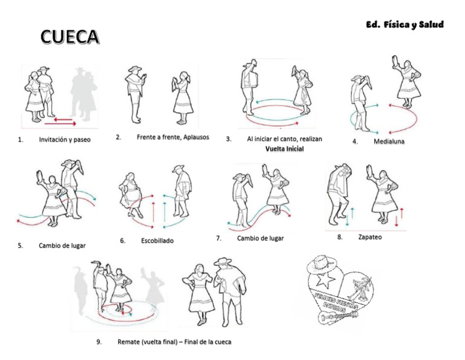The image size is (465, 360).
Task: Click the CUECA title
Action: coord(70,37)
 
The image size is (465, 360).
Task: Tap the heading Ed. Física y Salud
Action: coord(404,25)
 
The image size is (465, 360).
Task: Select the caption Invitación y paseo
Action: coord(64,140)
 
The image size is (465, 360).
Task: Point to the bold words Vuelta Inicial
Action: coord(284,149)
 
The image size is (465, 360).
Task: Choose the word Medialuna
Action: coord(389,141)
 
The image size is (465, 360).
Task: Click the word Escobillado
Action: coord(157,241)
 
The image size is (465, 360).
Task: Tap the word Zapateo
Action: coord(369,237)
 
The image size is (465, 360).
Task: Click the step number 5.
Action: coord(21,246)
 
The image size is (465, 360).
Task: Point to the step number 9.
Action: coord(99,342)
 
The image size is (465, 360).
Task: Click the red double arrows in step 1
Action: coord(64,122)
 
